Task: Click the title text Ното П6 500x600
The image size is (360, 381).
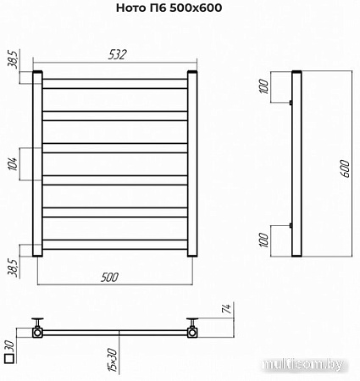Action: pyautogui.click(x=169, y=8)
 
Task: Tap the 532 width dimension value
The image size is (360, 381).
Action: pyautogui.click(x=117, y=54)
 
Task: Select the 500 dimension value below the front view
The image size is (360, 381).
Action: pyautogui.click(x=109, y=277)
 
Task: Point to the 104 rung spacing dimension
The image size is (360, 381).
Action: pyautogui.click(x=14, y=163)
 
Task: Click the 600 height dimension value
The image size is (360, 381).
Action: pyautogui.click(x=345, y=168)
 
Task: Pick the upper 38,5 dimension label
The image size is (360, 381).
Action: pyautogui.click(x=14, y=59)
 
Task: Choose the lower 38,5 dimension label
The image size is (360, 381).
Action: pyautogui.click(x=14, y=268)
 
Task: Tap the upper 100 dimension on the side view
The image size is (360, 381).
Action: pyautogui.click(x=264, y=86)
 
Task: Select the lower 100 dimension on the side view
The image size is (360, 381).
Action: pyautogui.click(x=264, y=240)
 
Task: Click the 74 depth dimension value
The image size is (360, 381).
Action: pyautogui.click(x=227, y=308)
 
